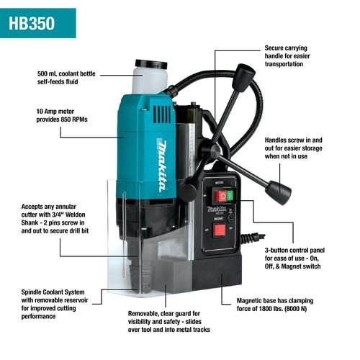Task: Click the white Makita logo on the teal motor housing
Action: point(165,165)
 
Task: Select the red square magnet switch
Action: point(220,230)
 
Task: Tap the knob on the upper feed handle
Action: point(246,74)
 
